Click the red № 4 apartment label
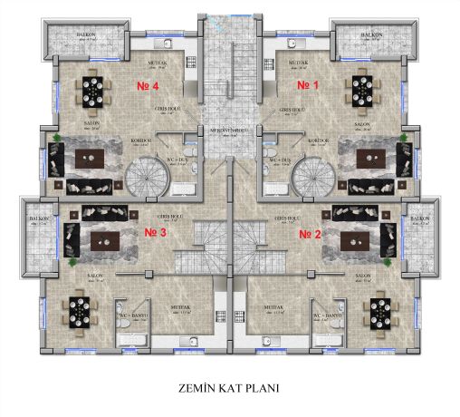tap(148, 87)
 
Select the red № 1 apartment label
tap(311, 85)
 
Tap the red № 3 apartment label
tap(157, 232)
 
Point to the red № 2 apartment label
tap(311, 232)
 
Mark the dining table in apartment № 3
tap(80, 312)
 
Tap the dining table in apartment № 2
tap(378, 312)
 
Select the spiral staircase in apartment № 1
tap(312, 174)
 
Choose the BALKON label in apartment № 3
tap(38, 219)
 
